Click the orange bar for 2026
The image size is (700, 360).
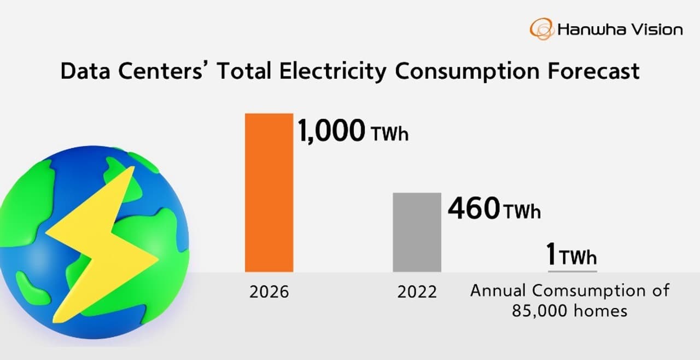point(269,192)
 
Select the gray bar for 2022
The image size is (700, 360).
point(417,232)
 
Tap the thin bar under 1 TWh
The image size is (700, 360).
point(573,270)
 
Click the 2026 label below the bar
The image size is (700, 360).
point(269,292)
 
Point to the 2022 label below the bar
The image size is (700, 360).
point(417,292)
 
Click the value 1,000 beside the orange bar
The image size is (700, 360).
point(331,131)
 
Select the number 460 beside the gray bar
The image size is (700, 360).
point(474,208)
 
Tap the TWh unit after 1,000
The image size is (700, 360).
point(389,134)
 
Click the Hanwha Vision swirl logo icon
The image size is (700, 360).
point(542,29)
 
